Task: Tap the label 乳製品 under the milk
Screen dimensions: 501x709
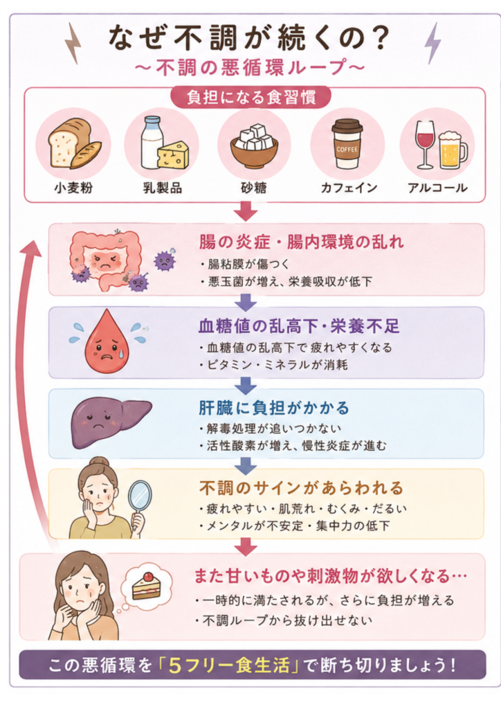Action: point(163,188)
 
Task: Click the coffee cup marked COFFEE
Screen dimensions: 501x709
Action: point(347,144)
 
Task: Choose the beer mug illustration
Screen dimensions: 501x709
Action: point(453,150)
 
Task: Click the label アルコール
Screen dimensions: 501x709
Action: point(437,188)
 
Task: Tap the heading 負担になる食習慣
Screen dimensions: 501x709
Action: point(251,97)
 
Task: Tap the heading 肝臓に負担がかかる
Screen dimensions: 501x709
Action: point(274,408)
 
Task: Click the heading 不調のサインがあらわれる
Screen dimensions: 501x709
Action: point(301,488)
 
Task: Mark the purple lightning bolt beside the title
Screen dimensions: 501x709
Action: point(432,44)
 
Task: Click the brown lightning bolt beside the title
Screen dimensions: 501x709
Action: point(73,44)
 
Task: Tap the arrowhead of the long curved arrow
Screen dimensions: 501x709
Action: point(30,247)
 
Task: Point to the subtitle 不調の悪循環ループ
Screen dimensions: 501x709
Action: point(250,67)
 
